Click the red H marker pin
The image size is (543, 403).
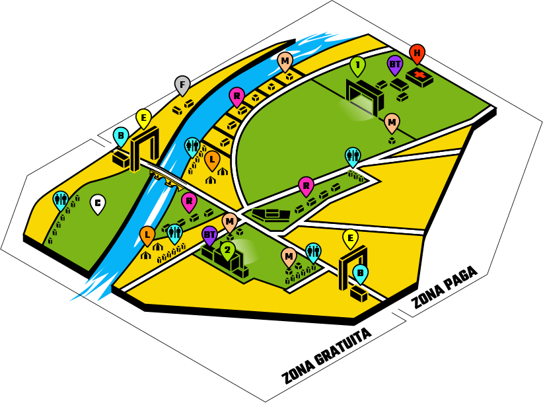(x=417, y=53)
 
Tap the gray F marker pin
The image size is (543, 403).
(x=182, y=85)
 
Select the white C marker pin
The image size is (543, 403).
(x=97, y=203)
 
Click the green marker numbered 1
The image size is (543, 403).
(x=357, y=65)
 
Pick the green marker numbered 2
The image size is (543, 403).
(x=228, y=249)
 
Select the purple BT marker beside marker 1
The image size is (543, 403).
(x=395, y=65)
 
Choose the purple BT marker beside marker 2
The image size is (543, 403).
(x=209, y=234)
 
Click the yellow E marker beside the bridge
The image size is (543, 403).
(x=144, y=118)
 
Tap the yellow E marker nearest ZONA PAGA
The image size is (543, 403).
(x=350, y=238)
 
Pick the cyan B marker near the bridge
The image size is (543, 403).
(x=120, y=136)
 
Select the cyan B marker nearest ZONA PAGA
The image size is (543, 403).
(x=360, y=272)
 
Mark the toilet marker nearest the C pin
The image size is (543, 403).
(x=60, y=199)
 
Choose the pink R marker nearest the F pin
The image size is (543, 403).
(x=236, y=96)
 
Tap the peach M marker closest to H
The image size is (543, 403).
(x=392, y=122)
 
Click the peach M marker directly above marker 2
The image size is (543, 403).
(x=230, y=221)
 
